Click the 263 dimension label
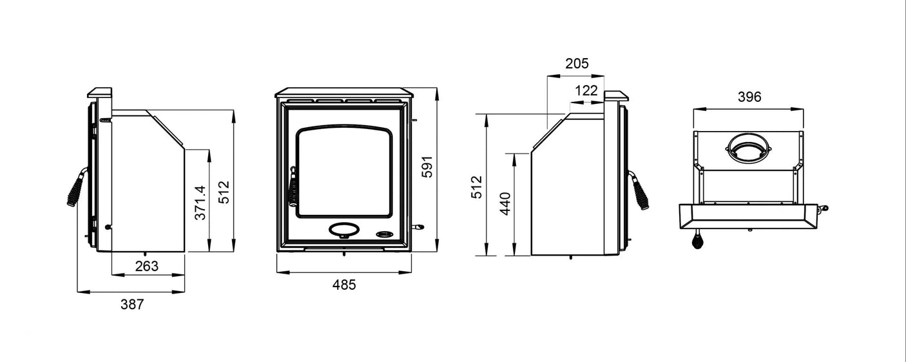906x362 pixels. coord(147,266)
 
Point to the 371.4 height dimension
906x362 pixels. coord(200,203)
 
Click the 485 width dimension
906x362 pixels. coord(344,285)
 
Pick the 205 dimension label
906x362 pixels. coord(577,63)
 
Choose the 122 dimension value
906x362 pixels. coord(586,91)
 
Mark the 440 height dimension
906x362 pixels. coord(505,204)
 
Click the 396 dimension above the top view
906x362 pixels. coord(749,97)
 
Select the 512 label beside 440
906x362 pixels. coord(477,186)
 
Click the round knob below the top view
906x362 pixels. coord(698,241)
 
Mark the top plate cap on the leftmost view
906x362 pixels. coord(100,94)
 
